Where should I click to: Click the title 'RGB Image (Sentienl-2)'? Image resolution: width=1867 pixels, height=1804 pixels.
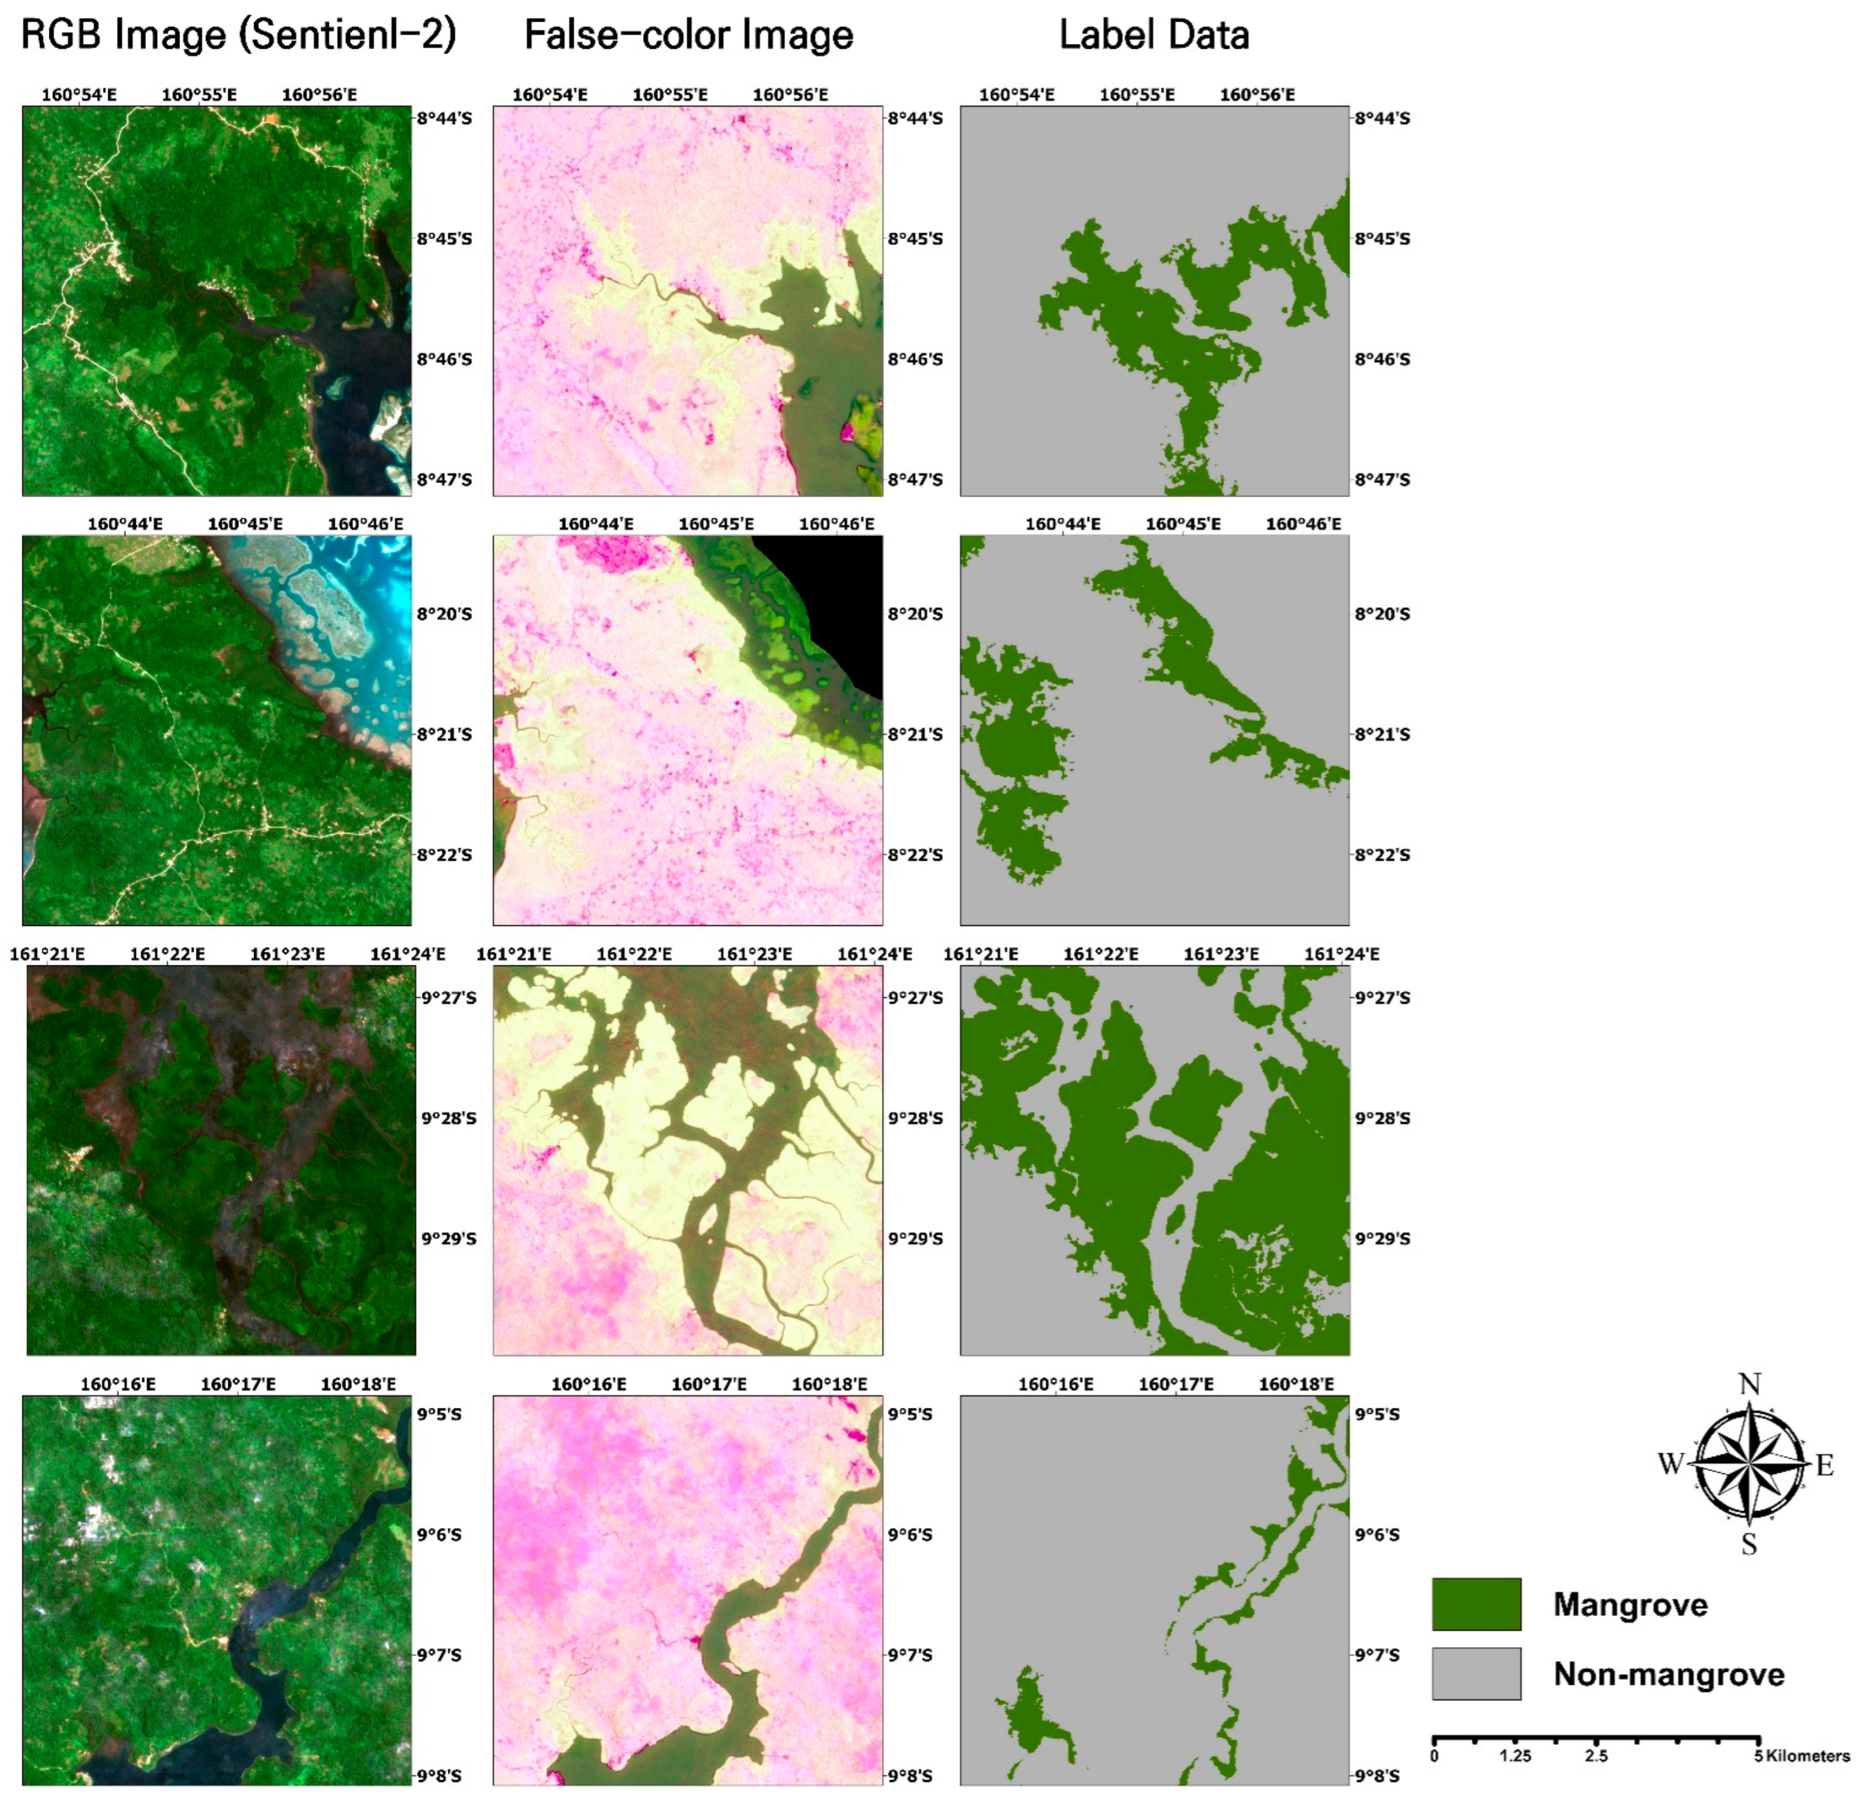(238, 35)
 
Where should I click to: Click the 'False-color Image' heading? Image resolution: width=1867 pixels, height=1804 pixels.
(688, 35)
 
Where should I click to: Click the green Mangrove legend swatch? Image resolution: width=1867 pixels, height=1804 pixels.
(1476, 1604)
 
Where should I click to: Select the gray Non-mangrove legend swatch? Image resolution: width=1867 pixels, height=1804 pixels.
(1476, 1674)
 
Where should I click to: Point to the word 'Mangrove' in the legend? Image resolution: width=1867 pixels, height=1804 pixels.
(1630, 1604)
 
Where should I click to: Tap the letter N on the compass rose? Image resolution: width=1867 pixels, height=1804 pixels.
(1749, 1384)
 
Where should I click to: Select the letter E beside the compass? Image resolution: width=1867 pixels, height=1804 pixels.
(1824, 1465)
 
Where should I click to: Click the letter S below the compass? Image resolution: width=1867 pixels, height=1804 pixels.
(1749, 1544)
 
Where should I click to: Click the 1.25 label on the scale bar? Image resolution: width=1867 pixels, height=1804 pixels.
(1515, 1755)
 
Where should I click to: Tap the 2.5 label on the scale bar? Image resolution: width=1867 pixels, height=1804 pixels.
(1596, 1755)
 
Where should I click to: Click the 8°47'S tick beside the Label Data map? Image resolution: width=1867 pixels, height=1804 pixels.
(1382, 479)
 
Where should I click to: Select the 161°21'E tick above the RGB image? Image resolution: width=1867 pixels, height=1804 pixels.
(47, 953)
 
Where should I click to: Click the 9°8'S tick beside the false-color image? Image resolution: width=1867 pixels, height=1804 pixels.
(910, 1775)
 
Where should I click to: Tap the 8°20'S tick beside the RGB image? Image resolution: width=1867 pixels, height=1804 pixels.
(444, 613)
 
